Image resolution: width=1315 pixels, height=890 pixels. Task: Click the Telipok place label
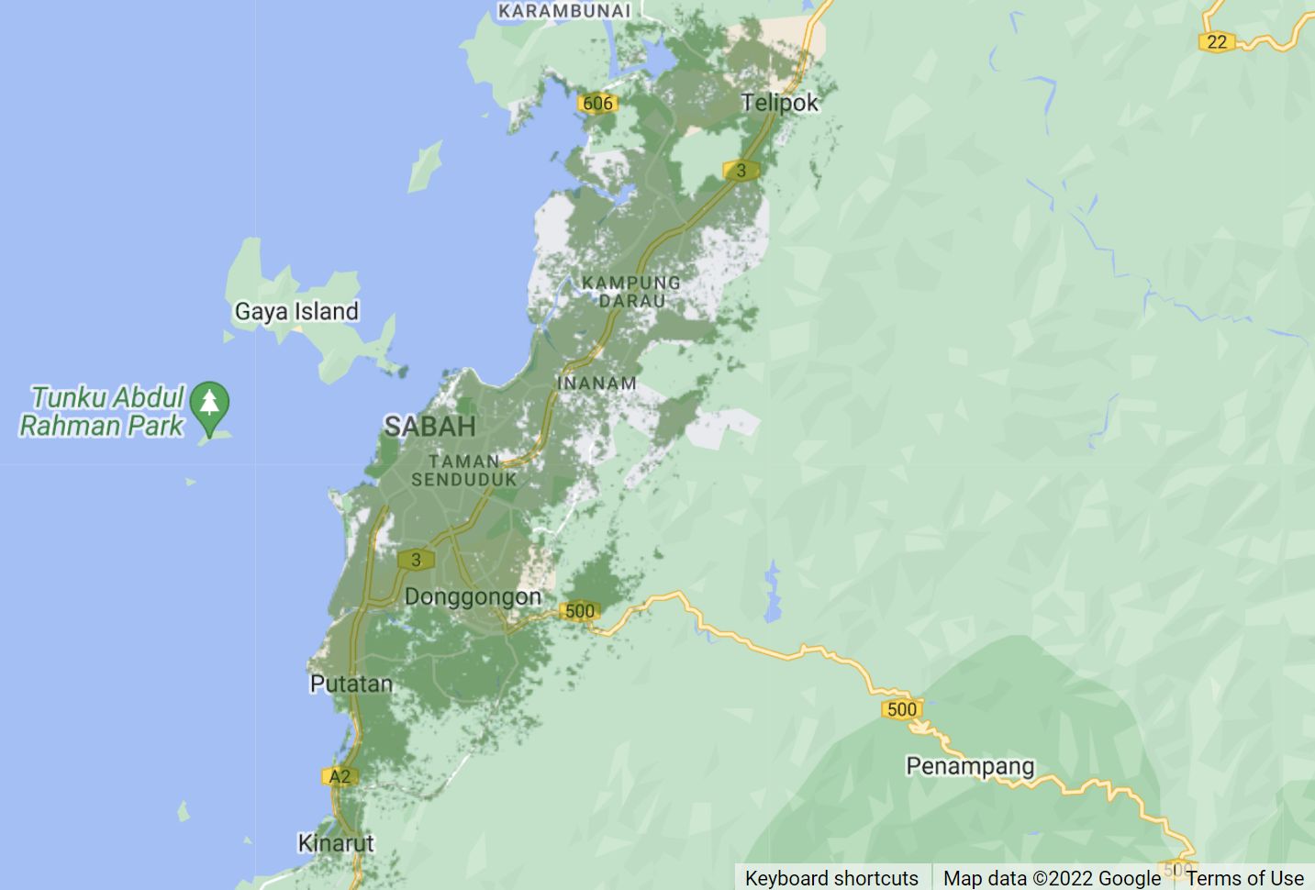[x=779, y=103]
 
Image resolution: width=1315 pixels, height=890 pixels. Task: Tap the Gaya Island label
[x=296, y=312]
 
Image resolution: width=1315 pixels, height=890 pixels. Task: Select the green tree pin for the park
[x=210, y=404]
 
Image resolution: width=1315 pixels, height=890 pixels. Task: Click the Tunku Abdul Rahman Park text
[x=102, y=411]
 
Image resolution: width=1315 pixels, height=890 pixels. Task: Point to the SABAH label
[x=429, y=427]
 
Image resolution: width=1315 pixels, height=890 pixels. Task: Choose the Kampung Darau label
[x=631, y=292]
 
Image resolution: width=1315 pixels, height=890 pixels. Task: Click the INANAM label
[x=596, y=384]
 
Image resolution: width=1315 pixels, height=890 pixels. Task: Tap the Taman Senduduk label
[x=464, y=470]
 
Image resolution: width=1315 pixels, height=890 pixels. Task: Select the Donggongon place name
[x=473, y=597]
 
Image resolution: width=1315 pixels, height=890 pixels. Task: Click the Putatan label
[x=351, y=684]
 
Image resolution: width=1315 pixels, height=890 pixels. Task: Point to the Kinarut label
[x=336, y=843]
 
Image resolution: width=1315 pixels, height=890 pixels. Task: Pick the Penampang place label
[x=970, y=766]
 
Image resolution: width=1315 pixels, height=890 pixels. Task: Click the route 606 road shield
[x=597, y=104]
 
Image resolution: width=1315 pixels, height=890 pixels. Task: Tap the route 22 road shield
[x=1217, y=41]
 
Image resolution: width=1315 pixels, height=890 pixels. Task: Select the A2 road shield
[x=340, y=777]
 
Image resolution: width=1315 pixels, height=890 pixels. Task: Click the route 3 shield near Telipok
[x=741, y=170]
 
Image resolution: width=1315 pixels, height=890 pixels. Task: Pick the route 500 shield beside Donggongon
[x=579, y=611]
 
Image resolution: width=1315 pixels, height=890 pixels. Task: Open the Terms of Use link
[x=1244, y=878]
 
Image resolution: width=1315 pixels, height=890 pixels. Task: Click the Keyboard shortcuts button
[x=831, y=878]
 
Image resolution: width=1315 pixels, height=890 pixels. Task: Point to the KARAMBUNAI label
[x=564, y=11]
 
